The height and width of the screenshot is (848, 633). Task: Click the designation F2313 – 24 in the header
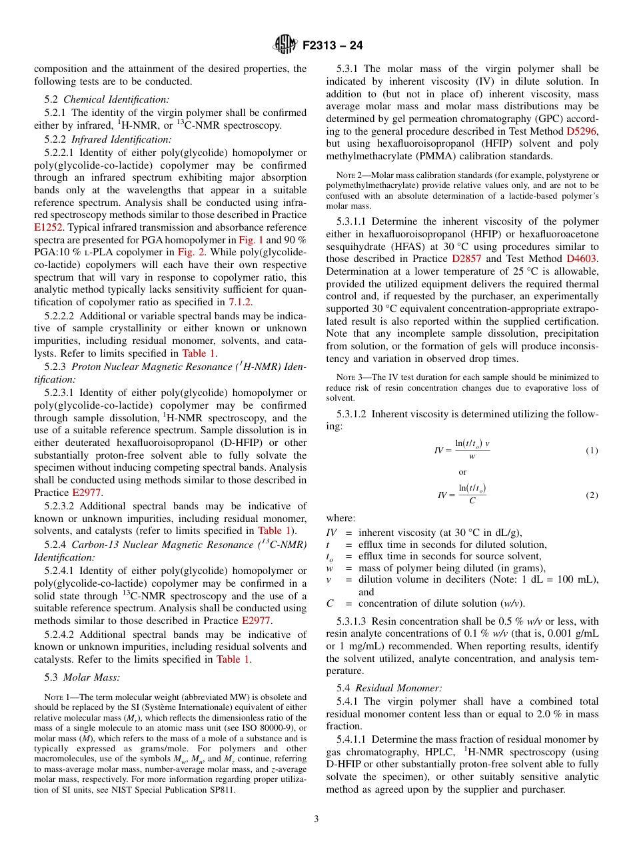[x=332, y=46]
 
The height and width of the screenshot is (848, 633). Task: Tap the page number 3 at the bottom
[x=316, y=819]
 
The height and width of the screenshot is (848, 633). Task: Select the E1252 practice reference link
[x=49, y=227]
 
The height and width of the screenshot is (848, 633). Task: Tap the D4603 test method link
[x=582, y=259]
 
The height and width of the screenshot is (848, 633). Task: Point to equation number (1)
[x=592, y=451]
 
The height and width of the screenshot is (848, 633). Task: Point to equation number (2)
[x=592, y=495]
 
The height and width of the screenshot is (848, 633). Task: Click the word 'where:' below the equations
[x=340, y=519]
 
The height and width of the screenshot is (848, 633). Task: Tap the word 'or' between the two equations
[x=462, y=472]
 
